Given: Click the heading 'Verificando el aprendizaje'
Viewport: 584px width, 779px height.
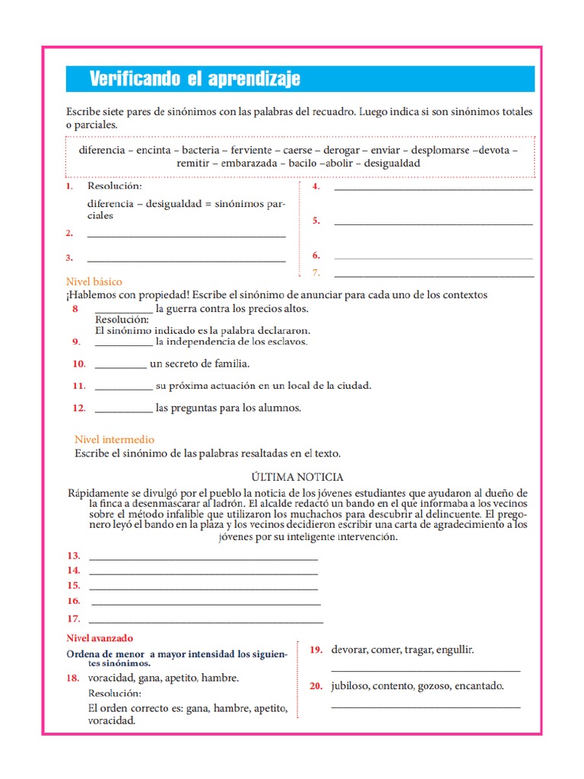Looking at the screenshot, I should [195, 78].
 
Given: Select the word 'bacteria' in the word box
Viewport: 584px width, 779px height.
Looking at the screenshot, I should [202, 150].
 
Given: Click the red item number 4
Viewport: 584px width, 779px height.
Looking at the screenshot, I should [316, 186].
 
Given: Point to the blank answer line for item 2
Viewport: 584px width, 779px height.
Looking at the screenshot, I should [186, 236].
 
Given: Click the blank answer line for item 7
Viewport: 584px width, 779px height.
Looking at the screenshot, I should [433, 275].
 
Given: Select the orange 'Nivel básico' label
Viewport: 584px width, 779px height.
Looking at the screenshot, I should [94, 281].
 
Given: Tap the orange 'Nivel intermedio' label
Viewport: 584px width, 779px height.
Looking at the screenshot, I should [114, 440].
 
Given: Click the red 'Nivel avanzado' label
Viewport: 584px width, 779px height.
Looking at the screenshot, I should [100, 638].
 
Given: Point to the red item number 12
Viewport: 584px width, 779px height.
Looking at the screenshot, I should [78, 409].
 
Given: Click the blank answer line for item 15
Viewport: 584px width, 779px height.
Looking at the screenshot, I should [203, 589].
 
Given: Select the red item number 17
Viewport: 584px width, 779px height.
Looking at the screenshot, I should [73, 618].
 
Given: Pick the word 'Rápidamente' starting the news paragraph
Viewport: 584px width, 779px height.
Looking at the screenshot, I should [98, 493].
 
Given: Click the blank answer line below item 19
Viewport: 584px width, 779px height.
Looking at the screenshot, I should [426, 670].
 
